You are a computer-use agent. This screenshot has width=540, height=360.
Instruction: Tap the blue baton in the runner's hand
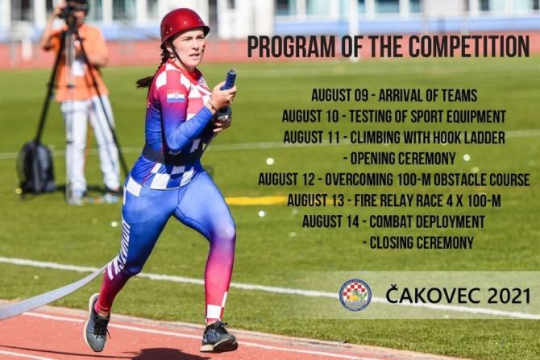[229, 79]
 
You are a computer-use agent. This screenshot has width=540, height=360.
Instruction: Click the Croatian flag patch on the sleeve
[176, 96]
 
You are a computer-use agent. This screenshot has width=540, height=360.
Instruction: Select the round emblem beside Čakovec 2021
[355, 295]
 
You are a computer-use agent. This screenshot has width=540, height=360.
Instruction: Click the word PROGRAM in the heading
[291, 47]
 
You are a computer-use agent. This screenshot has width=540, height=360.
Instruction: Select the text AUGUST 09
[339, 95]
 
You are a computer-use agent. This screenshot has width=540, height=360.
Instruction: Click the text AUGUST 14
[330, 221]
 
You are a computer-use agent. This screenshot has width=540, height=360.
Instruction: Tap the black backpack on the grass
[36, 168]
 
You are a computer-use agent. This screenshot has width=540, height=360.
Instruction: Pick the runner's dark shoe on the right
[218, 337]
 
